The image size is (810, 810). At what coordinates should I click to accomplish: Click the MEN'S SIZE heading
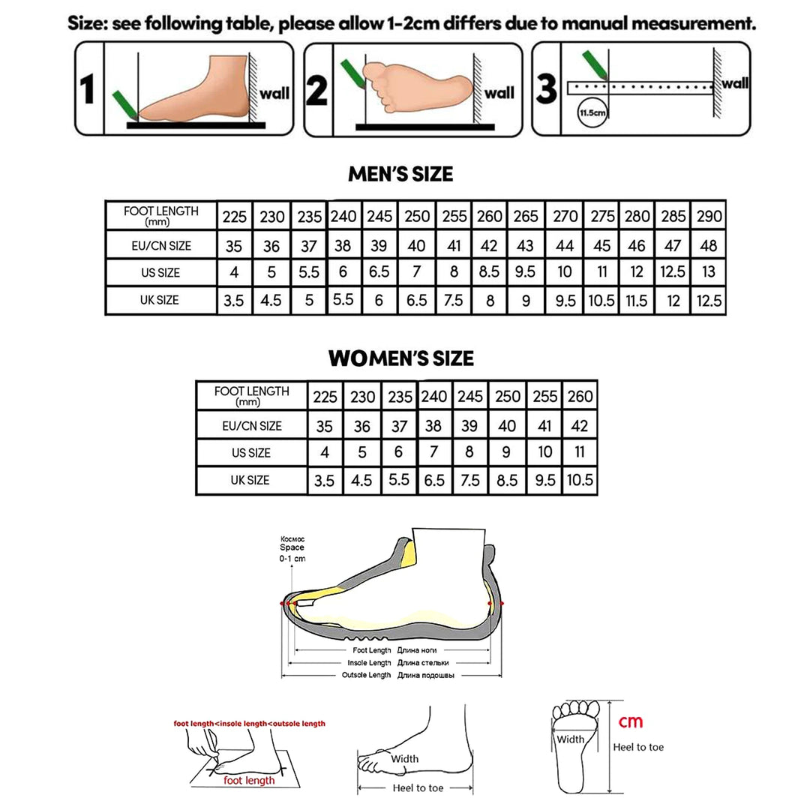(x=400, y=174)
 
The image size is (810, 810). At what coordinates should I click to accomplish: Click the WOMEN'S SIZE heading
(x=400, y=358)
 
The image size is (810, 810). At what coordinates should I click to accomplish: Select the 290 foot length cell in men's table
(x=708, y=217)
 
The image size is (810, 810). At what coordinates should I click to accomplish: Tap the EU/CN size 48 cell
(x=708, y=245)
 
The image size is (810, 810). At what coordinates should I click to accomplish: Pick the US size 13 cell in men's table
(x=708, y=273)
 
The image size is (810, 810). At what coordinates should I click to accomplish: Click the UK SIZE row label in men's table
(x=160, y=300)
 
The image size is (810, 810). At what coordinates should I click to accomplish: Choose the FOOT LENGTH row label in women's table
(x=251, y=395)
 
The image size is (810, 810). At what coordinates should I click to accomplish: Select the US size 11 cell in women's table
(x=579, y=452)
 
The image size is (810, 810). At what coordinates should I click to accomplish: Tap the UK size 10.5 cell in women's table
(x=579, y=481)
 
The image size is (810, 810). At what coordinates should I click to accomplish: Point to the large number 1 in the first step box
(x=88, y=90)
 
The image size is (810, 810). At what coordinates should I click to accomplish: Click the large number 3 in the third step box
(x=547, y=90)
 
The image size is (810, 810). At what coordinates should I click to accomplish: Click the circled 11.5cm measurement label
(x=592, y=114)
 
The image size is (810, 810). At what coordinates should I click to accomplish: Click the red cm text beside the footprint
(x=630, y=721)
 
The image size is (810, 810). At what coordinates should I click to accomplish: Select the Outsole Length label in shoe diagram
(x=367, y=675)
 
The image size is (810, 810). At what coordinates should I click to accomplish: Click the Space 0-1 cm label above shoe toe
(x=292, y=549)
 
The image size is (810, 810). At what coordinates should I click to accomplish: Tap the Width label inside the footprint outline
(x=570, y=739)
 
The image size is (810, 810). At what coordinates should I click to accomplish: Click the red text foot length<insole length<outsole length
(x=250, y=724)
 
